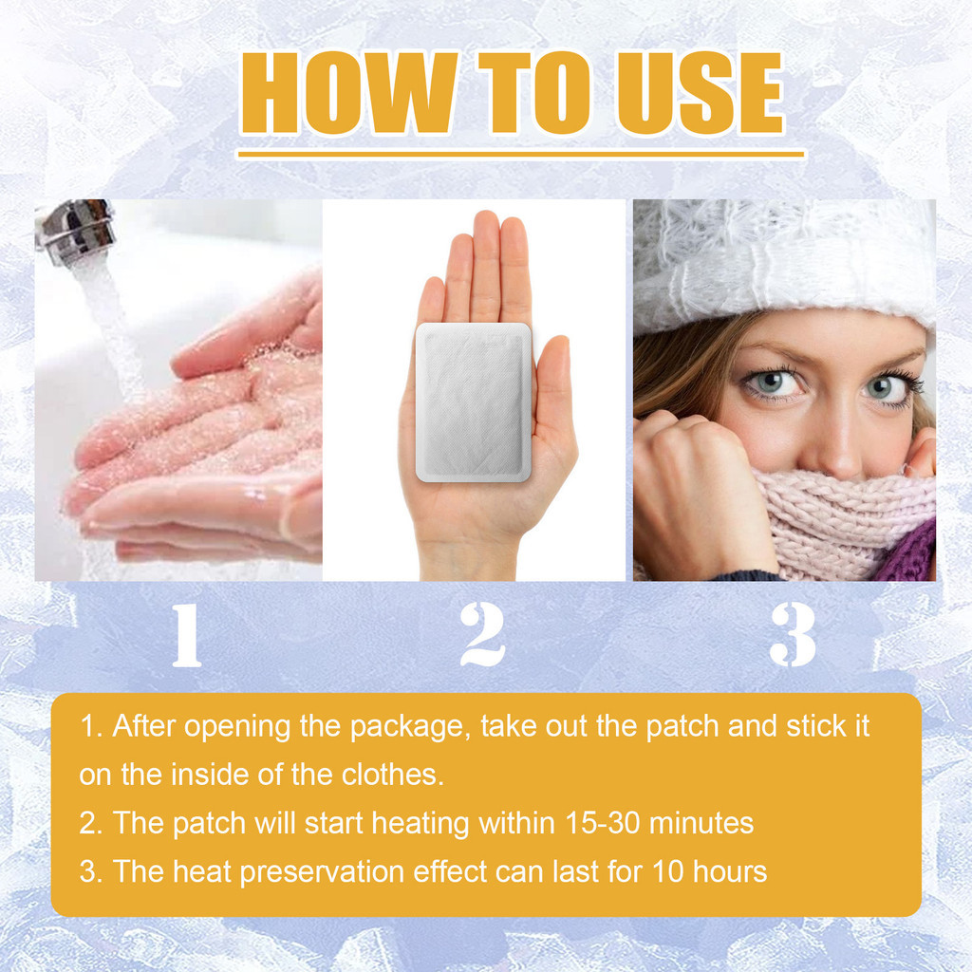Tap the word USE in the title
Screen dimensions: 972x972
point(701,93)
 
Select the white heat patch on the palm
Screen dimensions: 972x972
point(474,402)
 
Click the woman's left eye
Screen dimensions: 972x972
point(888,388)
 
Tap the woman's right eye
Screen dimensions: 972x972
point(771,383)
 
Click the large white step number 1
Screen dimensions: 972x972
point(187,636)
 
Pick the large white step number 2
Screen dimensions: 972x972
point(483,635)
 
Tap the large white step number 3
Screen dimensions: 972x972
point(793,635)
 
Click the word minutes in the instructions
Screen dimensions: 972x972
point(701,823)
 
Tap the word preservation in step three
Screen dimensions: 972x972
point(322,872)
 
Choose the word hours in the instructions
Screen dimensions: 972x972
point(730,871)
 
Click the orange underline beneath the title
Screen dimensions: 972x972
point(521,154)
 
